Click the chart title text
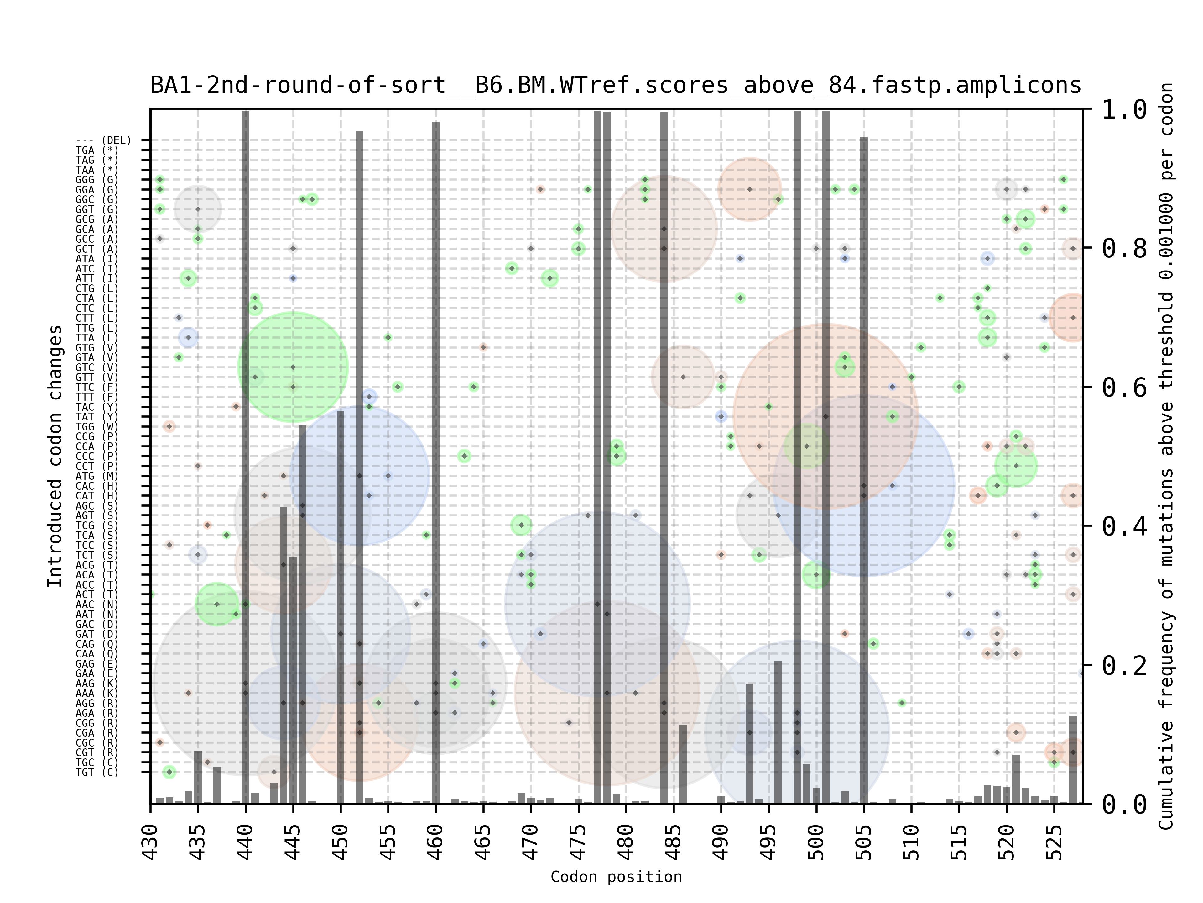pyautogui.click(x=616, y=86)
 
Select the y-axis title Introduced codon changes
pyautogui.click(x=55, y=456)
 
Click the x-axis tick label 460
pyautogui.click(x=436, y=842)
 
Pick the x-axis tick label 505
pyautogui.click(x=864, y=842)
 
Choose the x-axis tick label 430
pyautogui.click(x=151, y=842)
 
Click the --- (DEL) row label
pyautogui.click(x=103, y=140)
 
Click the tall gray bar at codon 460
pyautogui.click(x=436, y=463)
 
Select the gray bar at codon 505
pyautogui.click(x=864, y=468)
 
